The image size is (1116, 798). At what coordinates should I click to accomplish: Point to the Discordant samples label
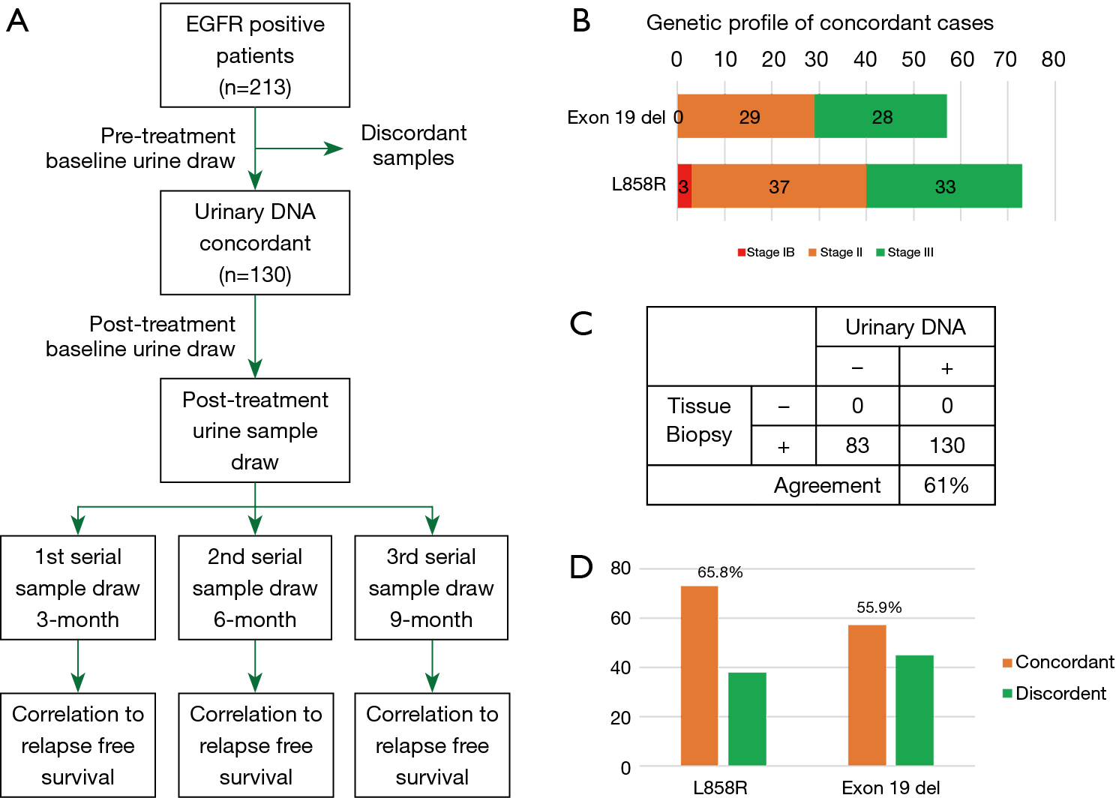pyautogui.click(x=413, y=145)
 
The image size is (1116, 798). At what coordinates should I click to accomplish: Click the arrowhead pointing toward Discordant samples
pyautogui.click(x=334, y=148)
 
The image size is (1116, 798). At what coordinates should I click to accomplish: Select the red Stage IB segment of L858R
pyautogui.click(x=685, y=186)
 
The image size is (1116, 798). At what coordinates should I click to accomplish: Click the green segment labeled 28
pyautogui.click(x=880, y=116)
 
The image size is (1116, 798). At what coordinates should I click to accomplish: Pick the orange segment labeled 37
pyautogui.click(x=778, y=186)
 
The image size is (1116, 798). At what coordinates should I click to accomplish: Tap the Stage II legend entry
pyautogui.click(x=835, y=253)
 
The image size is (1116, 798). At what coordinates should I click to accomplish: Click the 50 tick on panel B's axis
pyautogui.click(x=913, y=59)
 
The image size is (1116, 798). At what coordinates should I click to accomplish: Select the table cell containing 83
pyautogui.click(x=857, y=445)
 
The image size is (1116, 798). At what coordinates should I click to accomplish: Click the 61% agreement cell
pyautogui.click(x=946, y=485)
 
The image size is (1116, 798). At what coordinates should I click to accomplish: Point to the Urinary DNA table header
pyautogui.click(x=905, y=327)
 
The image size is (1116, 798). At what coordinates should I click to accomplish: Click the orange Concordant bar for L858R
pyautogui.click(x=700, y=676)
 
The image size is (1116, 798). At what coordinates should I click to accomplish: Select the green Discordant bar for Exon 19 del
pyautogui.click(x=915, y=710)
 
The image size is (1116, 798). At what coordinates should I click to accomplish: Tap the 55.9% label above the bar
pyautogui.click(x=879, y=607)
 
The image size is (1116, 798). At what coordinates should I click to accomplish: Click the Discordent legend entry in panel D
pyautogui.click(x=1054, y=694)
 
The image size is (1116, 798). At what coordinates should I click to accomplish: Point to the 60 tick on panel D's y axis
pyautogui.click(x=621, y=618)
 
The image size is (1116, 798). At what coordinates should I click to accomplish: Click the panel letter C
pyautogui.click(x=581, y=323)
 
